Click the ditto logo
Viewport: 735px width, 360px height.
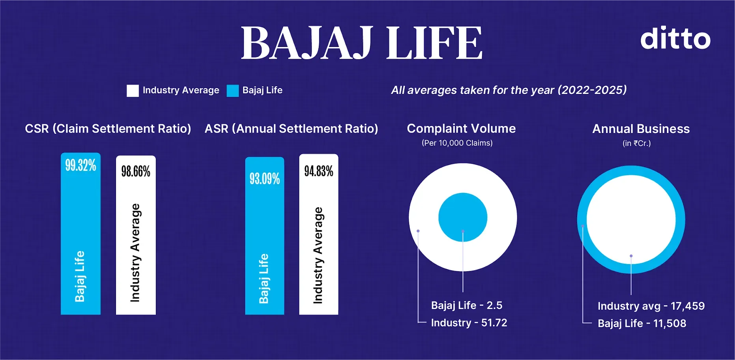tap(675, 38)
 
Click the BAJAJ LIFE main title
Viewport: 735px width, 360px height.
tap(361, 43)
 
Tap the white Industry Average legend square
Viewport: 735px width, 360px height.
tap(133, 90)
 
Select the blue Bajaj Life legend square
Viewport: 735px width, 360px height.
tap(232, 90)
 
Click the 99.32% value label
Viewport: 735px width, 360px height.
tap(80, 165)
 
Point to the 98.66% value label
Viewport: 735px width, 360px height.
tap(136, 171)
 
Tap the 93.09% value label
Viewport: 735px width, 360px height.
tap(264, 179)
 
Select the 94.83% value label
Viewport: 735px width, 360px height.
tap(318, 171)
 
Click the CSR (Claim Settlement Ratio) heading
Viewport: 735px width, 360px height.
tap(108, 129)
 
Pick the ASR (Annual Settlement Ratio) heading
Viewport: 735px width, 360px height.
tap(291, 129)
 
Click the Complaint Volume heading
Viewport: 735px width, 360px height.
tap(461, 129)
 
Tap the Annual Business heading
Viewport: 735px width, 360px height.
tap(641, 129)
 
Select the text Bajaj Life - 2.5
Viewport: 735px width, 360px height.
tap(466, 305)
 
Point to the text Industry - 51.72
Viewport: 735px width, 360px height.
tap(469, 322)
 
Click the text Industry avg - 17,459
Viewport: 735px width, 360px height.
tap(651, 306)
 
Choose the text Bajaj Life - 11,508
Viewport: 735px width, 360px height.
tap(641, 323)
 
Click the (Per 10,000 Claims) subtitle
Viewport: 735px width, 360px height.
tap(457, 143)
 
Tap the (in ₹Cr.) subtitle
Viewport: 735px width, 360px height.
tap(636, 143)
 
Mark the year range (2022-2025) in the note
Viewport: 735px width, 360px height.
tap(592, 90)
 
